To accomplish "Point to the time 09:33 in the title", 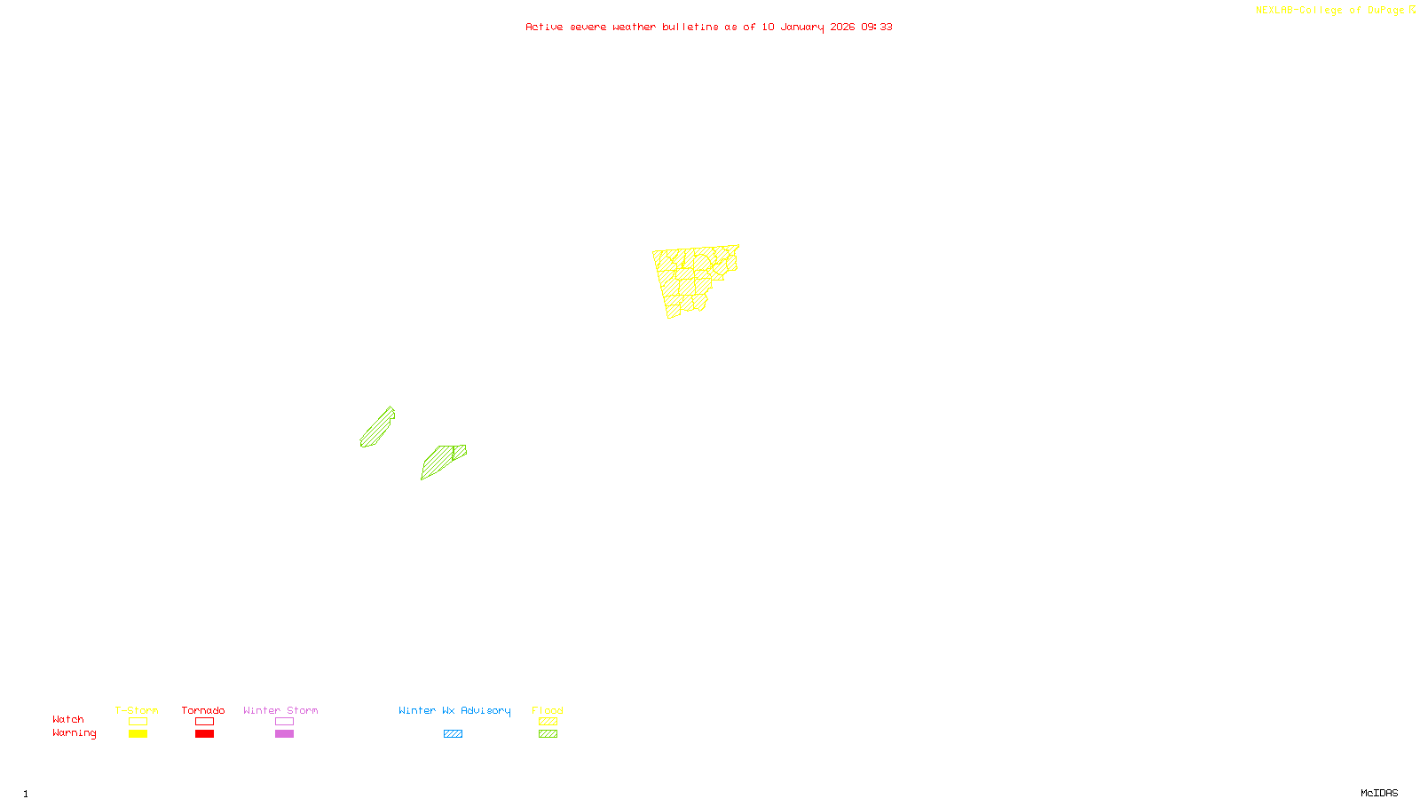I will point(877,27).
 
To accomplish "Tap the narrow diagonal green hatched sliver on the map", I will point(377,428).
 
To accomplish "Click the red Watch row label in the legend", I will point(68,719).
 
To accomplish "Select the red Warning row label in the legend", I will point(74,733).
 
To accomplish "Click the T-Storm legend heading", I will point(137,710).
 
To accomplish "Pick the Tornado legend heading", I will point(203,710).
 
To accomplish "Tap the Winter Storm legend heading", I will point(280,710).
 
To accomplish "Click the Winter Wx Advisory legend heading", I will point(454,710).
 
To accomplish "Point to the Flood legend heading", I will point(548,710).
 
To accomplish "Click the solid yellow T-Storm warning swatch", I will point(138,734).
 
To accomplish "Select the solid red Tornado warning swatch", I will point(205,734).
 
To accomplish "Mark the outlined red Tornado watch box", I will point(205,722).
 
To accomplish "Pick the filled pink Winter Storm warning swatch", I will point(284,734).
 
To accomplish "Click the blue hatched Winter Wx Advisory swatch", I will point(453,734).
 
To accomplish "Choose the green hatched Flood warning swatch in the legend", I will point(548,734).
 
